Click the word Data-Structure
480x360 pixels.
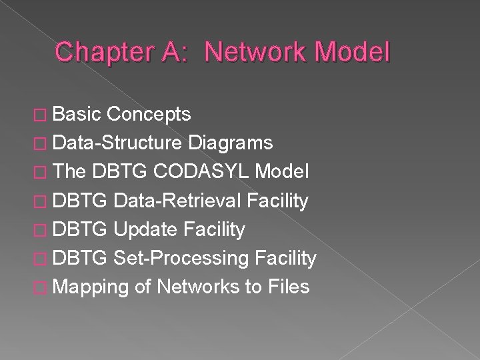118,143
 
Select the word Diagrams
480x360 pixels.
231,143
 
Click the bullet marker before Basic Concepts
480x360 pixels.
43,115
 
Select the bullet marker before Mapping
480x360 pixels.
43,287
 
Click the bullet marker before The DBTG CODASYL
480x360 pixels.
43,173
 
